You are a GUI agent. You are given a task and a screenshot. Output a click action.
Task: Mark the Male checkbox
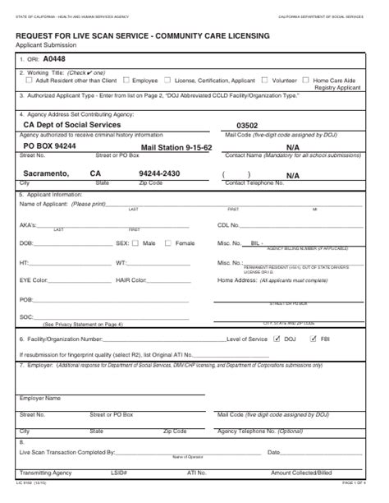(x=138, y=243)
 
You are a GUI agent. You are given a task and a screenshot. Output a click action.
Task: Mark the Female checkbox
(x=169, y=243)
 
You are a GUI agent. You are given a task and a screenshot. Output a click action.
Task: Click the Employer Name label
(x=39, y=398)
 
